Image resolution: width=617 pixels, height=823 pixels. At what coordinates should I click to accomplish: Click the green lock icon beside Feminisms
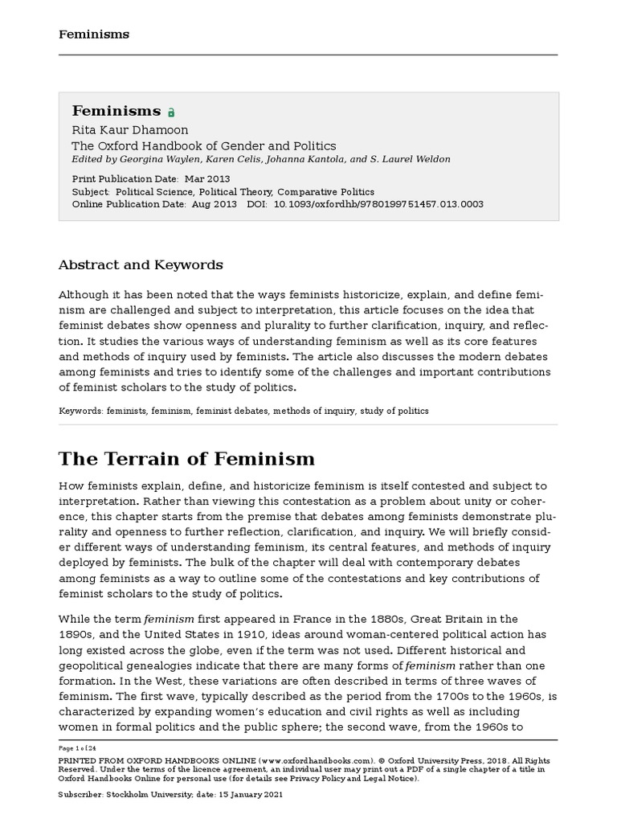click(x=170, y=113)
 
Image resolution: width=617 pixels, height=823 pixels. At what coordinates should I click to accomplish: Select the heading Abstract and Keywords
click(x=141, y=264)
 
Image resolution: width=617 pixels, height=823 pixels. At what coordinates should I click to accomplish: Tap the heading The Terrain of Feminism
click(x=186, y=459)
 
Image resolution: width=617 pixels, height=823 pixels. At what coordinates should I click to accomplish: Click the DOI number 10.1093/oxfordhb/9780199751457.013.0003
click(x=379, y=204)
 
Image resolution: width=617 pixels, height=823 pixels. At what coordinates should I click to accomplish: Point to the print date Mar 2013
click(x=207, y=178)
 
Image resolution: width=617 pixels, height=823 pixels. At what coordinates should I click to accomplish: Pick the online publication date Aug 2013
click(x=213, y=204)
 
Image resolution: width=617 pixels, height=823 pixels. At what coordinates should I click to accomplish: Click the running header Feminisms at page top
click(x=94, y=35)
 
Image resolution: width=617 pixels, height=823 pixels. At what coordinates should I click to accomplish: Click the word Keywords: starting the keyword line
click(x=80, y=411)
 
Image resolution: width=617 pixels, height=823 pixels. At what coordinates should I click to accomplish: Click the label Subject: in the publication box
click(x=90, y=192)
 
